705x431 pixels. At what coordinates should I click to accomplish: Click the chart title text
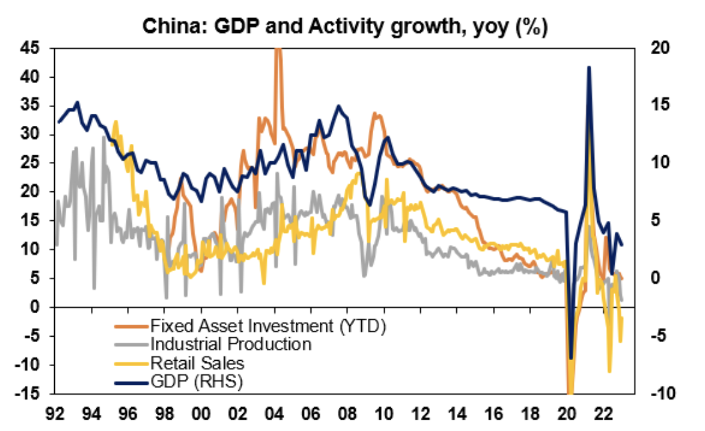(344, 29)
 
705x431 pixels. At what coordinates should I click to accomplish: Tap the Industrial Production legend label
(231, 344)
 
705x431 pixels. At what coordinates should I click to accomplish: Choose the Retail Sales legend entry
(198, 363)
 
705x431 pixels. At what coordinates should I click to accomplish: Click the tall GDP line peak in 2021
(588, 67)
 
